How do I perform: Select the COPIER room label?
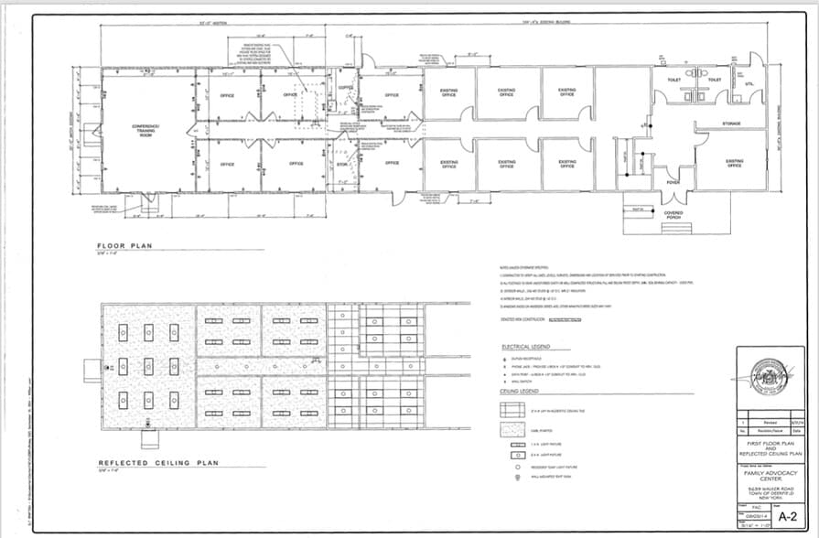[345, 88]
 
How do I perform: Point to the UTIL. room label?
[749, 85]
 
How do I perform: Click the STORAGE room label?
[730, 123]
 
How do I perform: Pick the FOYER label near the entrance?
[673, 182]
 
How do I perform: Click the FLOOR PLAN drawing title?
[125, 245]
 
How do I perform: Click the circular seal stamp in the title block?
[770, 375]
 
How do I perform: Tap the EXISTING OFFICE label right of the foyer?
[734, 163]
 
